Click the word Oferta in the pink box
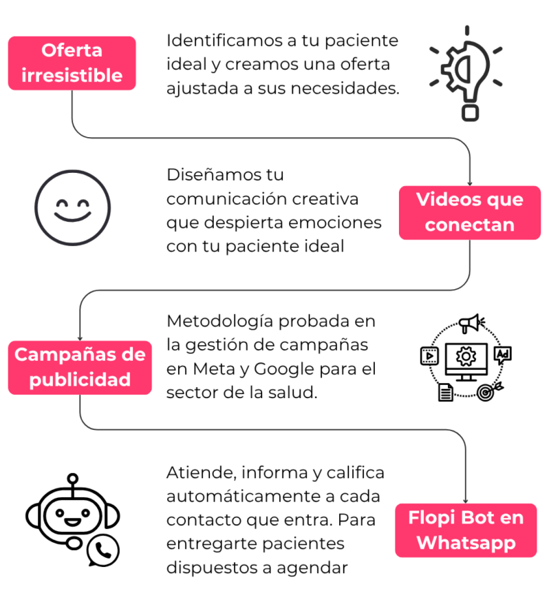(72, 50)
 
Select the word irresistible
(72, 75)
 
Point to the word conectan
(470, 225)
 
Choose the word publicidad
(80, 380)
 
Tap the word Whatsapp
(466, 543)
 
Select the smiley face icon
(72, 207)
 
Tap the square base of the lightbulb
(470, 112)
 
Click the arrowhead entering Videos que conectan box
(470, 183)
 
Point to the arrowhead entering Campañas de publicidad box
(80, 338)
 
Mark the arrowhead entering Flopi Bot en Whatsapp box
(466, 500)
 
